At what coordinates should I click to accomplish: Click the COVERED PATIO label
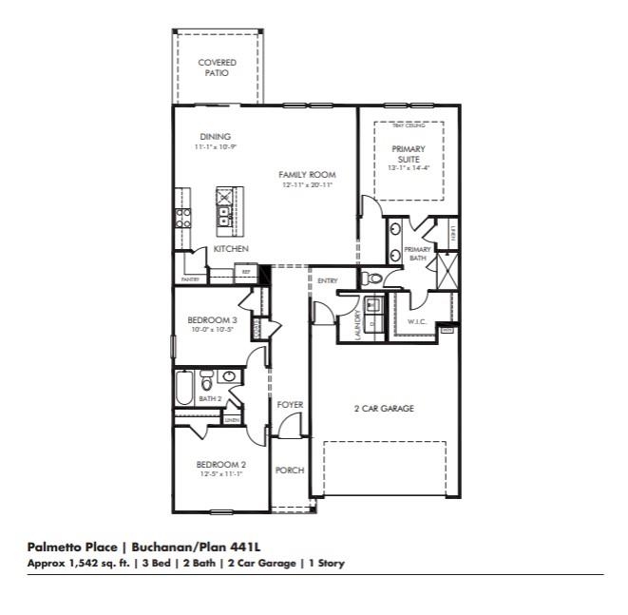[217, 67]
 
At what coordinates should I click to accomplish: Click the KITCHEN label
[231, 248]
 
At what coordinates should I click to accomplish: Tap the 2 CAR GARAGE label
[384, 409]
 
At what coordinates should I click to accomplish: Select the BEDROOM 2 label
[220, 464]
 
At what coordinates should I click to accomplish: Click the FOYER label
[290, 405]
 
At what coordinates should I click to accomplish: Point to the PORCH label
[289, 471]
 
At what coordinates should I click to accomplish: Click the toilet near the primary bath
[373, 279]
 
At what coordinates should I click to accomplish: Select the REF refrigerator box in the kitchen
[246, 273]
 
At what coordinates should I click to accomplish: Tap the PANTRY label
[191, 279]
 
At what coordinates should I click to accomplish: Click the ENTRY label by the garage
[328, 280]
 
